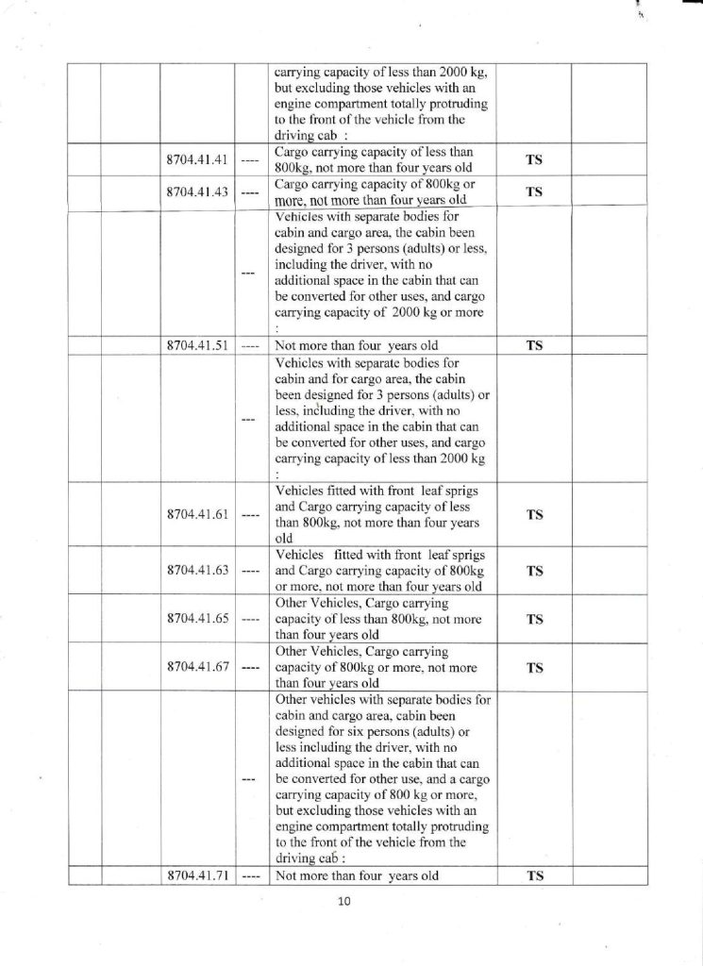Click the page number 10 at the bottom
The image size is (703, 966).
(x=343, y=902)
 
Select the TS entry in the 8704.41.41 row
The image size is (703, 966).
(x=534, y=159)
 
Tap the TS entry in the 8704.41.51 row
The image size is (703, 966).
(x=534, y=344)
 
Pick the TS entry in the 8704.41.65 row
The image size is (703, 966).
(x=534, y=619)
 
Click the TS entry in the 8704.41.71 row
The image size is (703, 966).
(x=534, y=874)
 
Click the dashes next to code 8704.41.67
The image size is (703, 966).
(x=249, y=668)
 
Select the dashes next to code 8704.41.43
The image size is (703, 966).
(x=249, y=192)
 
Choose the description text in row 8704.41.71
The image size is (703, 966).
(x=358, y=874)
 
